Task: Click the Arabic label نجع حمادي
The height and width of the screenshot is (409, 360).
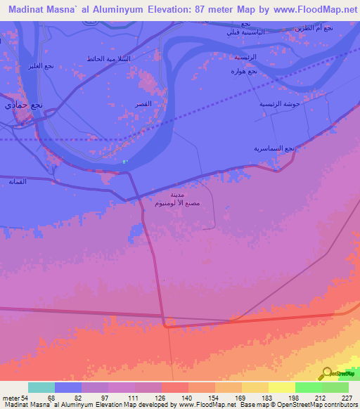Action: [x=24, y=105]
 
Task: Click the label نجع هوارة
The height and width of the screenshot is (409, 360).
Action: [x=244, y=71]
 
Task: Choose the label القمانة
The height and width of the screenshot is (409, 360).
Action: [x=17, y=182]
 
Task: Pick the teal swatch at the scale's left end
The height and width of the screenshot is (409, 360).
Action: [x=41, y=387]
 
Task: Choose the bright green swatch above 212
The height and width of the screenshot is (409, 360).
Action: [x=309, y=387]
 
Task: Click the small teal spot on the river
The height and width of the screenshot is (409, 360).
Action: [x=124, y=162]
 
